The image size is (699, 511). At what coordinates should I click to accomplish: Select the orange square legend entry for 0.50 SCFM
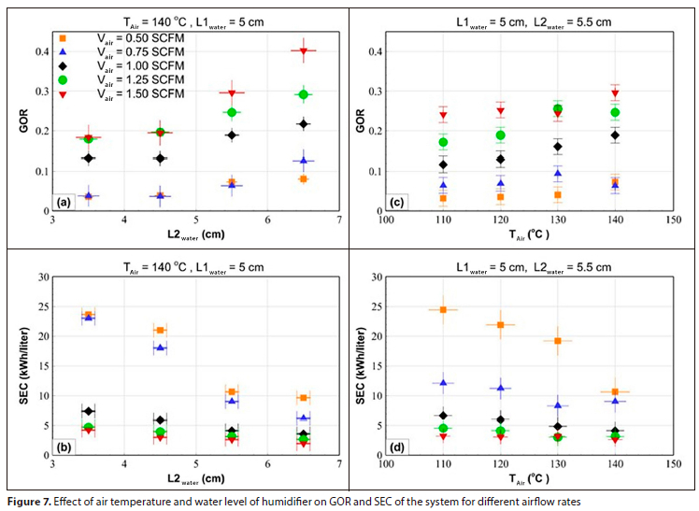(x=62, y=37)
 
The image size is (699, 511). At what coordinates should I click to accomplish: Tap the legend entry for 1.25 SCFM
(x=62, y=80)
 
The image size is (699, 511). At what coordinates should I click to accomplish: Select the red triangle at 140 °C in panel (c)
(x=615, y=93)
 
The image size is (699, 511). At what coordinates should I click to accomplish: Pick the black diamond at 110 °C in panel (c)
(x=443, y=164)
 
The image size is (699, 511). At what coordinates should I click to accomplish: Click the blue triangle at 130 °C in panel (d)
(x=558, y=405)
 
